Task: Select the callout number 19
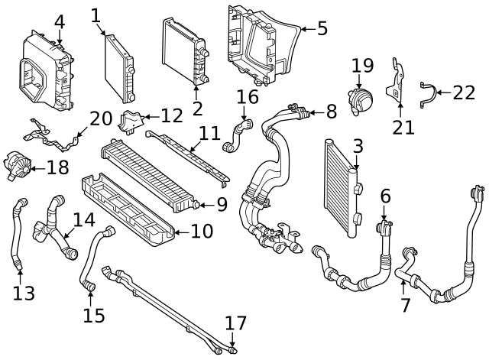tap(362, 66)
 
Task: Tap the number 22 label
tap(463, 92)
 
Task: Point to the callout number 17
tap(236, 323)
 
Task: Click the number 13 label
tap(24, 292)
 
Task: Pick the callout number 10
tap(202, 230)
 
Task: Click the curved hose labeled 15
tap(94, 260)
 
